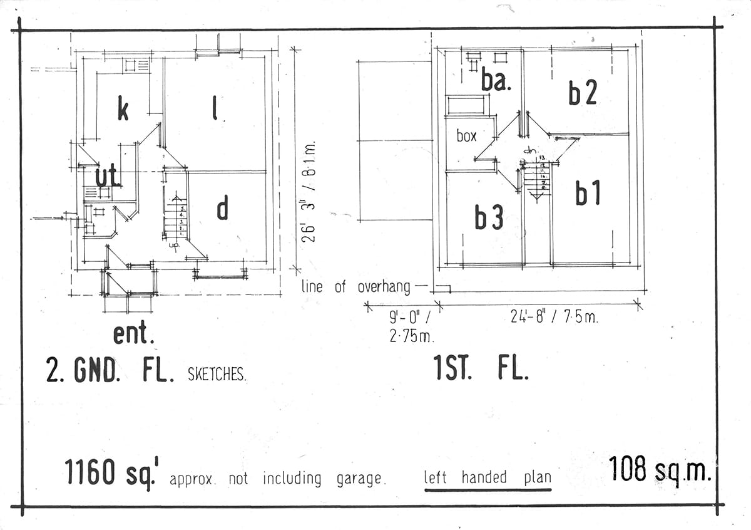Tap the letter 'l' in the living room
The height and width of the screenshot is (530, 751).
coord(215,110)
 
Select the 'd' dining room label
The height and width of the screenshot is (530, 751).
coord(222,209)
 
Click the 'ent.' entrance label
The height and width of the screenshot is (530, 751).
coord(133,334)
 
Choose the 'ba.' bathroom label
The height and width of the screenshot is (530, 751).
coord(496,81)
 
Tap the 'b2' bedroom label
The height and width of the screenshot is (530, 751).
coord(583,93)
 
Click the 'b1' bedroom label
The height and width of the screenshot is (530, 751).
coord(588,194)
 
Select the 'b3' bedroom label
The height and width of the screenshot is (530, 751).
coord(489,217)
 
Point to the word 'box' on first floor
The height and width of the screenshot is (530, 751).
coord(466,136)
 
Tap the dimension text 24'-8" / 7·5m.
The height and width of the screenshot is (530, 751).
coord(554,318)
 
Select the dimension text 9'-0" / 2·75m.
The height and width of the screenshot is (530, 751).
coord(411,327)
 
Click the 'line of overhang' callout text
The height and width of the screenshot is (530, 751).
coord(355,288)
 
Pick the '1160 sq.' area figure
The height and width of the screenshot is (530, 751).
coord(110,473)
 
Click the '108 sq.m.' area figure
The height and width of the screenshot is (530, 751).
coord(660,469)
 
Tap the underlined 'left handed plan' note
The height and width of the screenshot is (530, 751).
coord(488,477)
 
